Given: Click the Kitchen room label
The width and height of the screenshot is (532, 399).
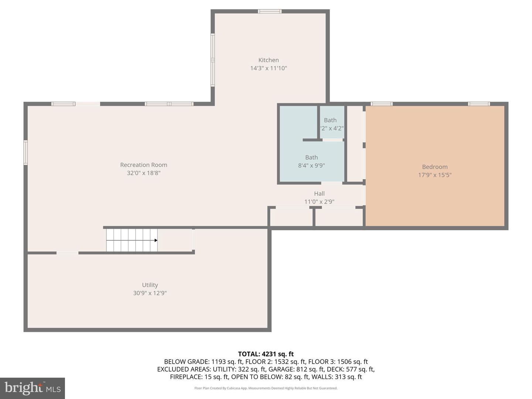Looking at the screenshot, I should click(269, 60).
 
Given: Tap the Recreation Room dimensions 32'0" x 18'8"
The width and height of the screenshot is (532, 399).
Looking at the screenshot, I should click(144, 173).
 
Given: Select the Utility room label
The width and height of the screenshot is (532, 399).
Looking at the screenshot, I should click(150, 285).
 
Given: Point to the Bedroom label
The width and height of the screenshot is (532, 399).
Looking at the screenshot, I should click(435, 167).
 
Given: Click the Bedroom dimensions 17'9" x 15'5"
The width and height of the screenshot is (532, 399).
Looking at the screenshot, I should click(435, 175).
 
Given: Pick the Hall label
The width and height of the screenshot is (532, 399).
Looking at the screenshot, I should click(319, 194).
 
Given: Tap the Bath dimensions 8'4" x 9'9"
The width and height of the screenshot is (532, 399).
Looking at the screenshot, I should click(311, 166).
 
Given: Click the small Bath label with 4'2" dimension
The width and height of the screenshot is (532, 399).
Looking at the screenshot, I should click(330, 120).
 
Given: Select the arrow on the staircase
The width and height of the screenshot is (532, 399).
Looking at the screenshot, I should click(156, 241).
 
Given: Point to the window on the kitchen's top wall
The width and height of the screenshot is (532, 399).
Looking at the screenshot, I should click(270, 11).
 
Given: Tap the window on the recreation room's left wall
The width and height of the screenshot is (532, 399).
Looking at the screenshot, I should click(25, 152).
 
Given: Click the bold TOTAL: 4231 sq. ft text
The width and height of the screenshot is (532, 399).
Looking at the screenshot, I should click(266, 354).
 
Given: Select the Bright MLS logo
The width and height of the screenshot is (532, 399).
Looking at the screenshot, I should click(33, 388).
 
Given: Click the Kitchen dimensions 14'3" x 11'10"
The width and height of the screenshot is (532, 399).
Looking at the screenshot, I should click(269, 68).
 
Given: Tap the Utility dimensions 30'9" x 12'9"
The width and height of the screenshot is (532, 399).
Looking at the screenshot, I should click(150, 293).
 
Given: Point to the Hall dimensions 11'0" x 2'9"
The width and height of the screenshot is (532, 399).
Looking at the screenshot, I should click(319, 202).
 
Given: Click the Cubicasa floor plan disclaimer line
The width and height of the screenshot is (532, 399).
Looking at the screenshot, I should click(266, 388).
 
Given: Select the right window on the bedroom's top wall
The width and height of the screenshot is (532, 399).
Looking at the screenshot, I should click(479, 104).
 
